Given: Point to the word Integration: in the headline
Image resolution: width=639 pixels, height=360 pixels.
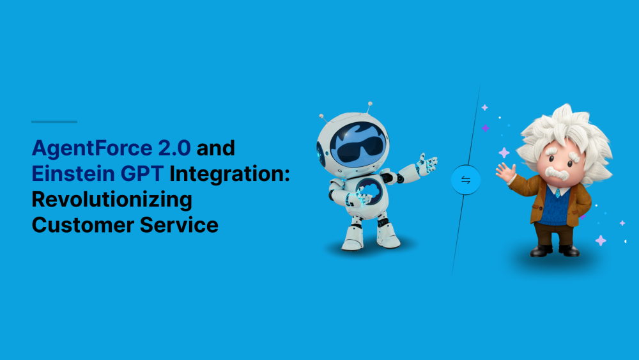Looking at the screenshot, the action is coord(229,175).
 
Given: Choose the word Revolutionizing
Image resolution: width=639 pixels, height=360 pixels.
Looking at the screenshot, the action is coord(112,200).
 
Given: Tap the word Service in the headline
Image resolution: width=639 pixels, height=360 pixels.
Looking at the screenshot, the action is coord(180,225).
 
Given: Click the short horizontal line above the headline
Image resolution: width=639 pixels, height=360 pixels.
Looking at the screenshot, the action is coord(54,121).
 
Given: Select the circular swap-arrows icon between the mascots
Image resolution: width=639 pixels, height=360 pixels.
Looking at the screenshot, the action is coord(466,180).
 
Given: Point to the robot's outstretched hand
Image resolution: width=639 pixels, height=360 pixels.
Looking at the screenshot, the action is coord(427,164).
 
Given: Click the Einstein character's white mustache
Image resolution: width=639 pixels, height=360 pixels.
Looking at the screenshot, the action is coord(557,173).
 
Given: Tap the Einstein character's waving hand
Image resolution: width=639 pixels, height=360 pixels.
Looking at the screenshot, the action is coord(505,171).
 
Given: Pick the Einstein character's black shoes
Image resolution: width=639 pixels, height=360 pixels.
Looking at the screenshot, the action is coord(555,250).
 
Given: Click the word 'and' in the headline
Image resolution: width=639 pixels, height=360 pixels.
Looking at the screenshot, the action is coord(216,148).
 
